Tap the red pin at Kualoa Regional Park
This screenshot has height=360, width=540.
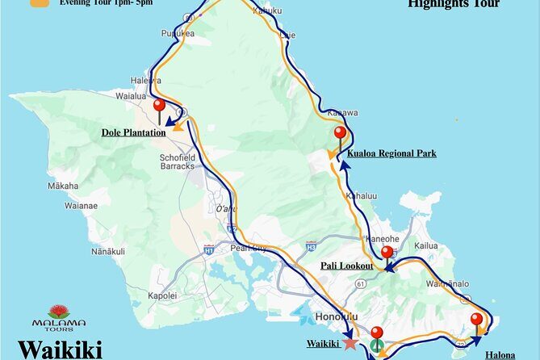(x=340, y=134)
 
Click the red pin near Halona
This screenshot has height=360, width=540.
(x=477, y=320)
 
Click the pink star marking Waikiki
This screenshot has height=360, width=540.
(x=350, y=343)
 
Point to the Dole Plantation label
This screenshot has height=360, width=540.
(x=133, y=132)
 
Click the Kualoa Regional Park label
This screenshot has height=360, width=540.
(x=391, y=153)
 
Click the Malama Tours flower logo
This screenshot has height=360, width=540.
(x=58, y=311)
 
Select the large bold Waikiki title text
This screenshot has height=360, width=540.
(x=60, y=350)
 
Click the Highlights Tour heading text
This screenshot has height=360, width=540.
(x=454, y=4)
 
